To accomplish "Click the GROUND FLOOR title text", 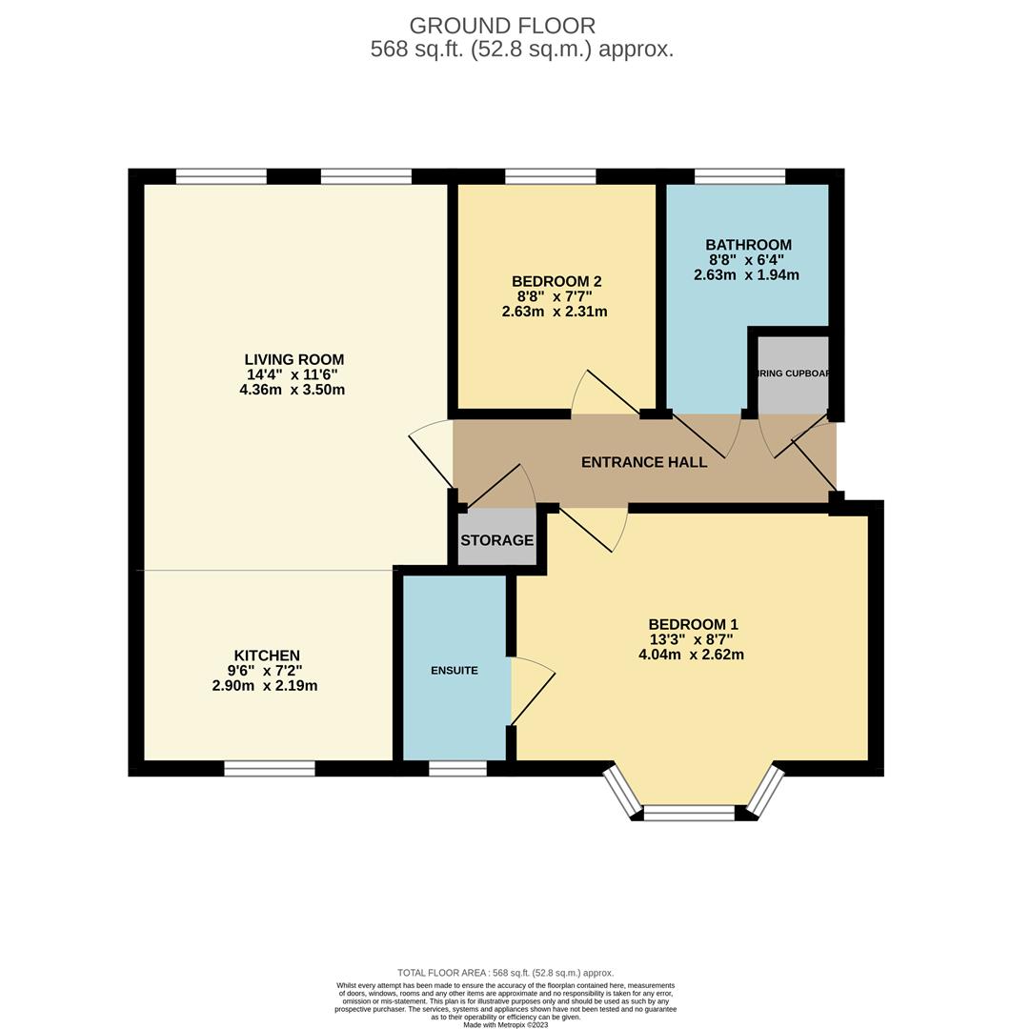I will point(502,26).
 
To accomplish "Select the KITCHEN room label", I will point(267,656).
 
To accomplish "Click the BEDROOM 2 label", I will point(556,281).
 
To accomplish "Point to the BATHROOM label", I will point(748,245).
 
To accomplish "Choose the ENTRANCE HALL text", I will point(644,462).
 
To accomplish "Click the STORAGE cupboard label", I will point(496,540).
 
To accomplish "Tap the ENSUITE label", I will point(455,670).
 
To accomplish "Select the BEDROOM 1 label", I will point(693,624).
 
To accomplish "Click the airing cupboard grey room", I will point(793,373).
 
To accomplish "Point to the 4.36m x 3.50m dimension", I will point(293,390).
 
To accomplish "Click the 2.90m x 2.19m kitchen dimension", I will point(265,686).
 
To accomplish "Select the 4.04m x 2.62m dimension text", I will point(692,655).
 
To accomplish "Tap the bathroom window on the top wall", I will point(739,175).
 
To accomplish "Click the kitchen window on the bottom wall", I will point(270,768).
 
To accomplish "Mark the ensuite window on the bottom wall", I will point(457,768).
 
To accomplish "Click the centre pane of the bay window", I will point(690,813).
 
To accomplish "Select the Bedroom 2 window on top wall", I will point(550,175).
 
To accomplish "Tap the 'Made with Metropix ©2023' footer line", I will point(505,1024).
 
